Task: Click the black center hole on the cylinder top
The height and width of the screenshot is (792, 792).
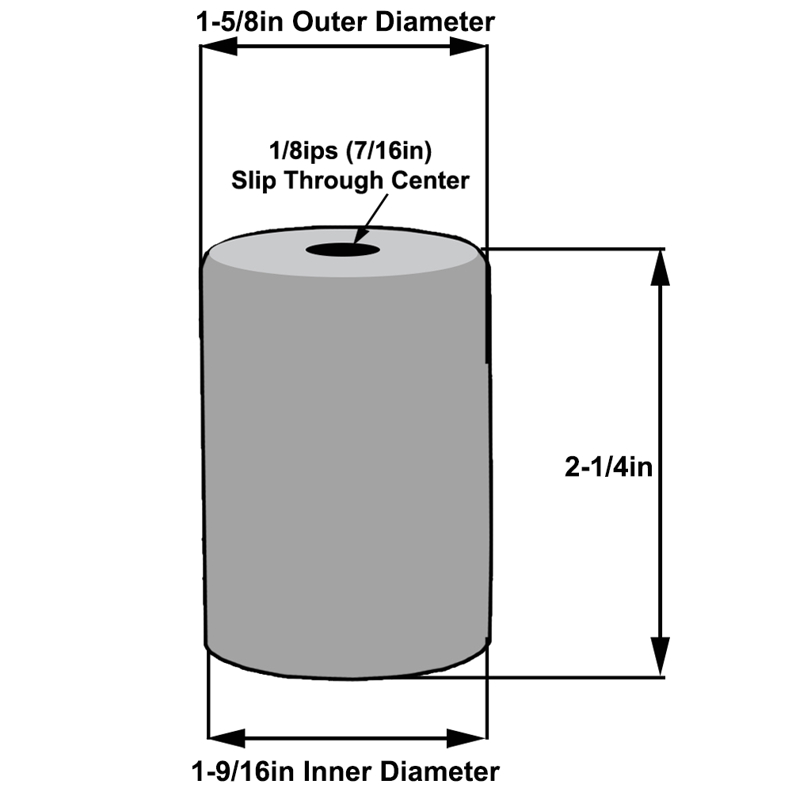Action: click(342, 251)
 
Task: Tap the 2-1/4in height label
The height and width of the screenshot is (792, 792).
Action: click(608, 468)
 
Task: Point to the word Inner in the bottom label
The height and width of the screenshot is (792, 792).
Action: click(329, 771)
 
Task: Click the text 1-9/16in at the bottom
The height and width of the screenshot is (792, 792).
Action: click(237, 771)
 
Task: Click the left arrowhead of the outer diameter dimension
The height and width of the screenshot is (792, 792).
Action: click(218, 48)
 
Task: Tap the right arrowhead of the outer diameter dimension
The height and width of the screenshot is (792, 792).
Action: click(468, 48)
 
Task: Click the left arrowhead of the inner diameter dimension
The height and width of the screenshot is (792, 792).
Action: click(227, 739)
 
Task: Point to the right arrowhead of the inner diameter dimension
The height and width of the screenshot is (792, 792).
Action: click(467, 739)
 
